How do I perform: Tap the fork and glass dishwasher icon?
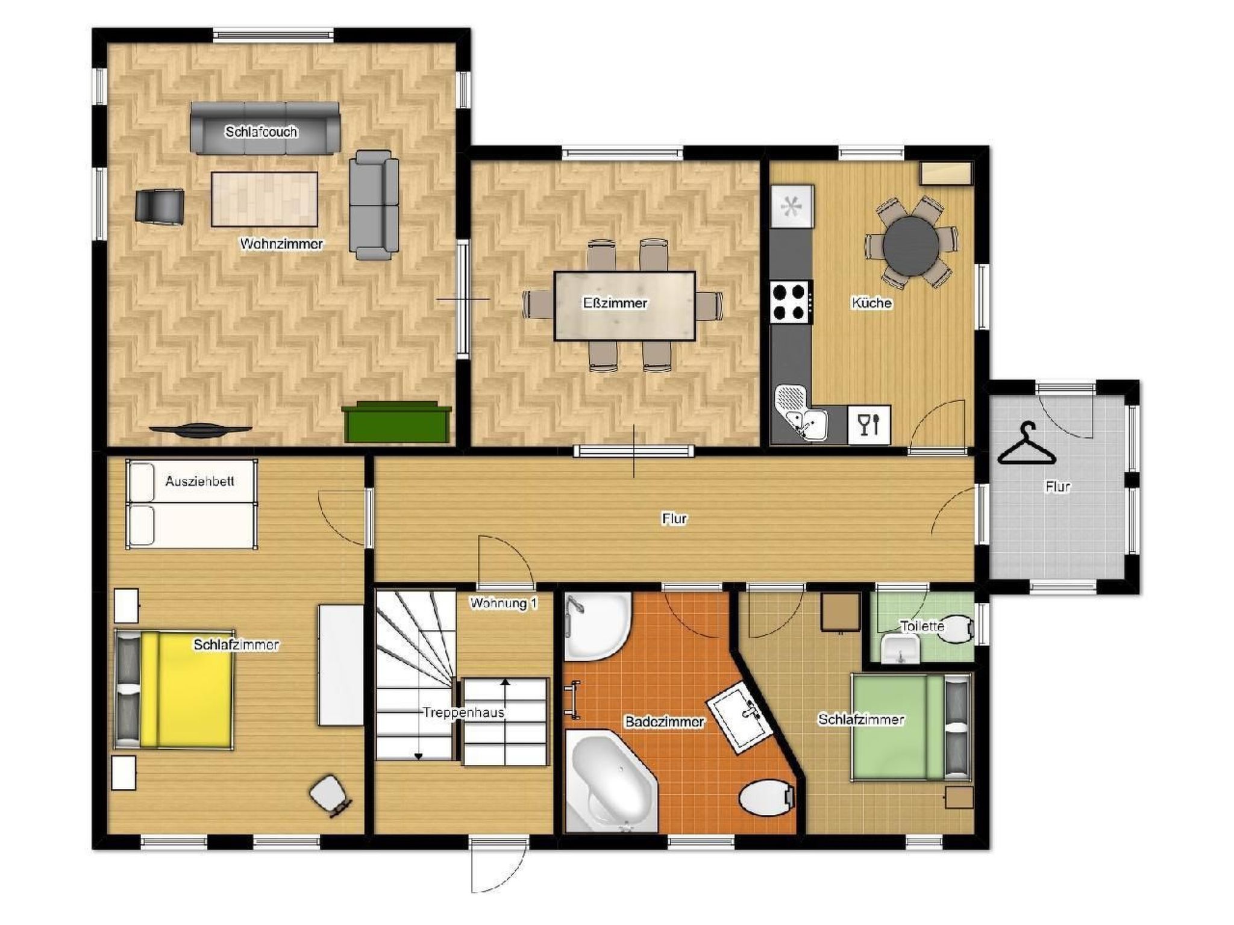pos(868,425)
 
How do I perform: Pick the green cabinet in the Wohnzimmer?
pos(397,423)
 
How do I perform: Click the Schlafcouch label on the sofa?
pos(261,132)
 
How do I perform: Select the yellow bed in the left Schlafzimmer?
pos(187,690)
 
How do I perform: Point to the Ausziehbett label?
pos(199,481)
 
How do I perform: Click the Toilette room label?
pos(921,626)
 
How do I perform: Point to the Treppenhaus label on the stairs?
pos(463,712)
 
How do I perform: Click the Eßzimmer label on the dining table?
pos(615,303)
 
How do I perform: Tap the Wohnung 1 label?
pos(503,603)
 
